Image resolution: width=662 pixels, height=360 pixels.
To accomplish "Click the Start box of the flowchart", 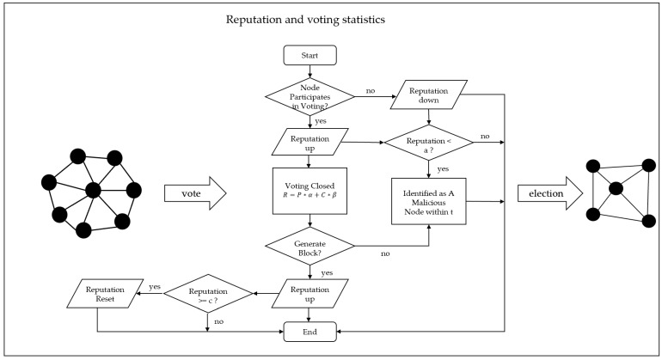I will pyautogui.click(x=306, y=56).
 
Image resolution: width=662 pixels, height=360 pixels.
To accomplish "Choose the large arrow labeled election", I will pyautogui.click(x=548, y=194).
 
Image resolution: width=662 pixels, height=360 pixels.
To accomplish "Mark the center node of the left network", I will pyautogui.click(x=94, y=190).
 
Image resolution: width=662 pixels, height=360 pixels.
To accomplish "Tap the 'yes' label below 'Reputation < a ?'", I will pyautogui.click(x=441, y=169).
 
